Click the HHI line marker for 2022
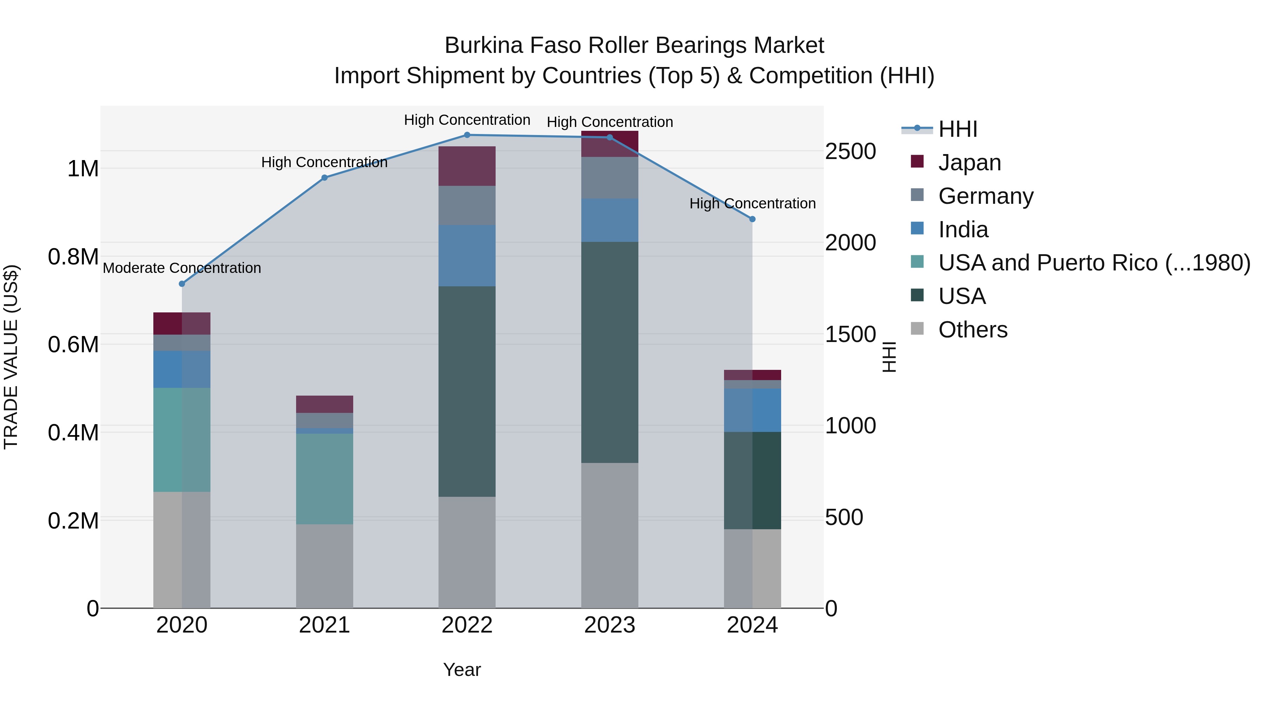[467, 135]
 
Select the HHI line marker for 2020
[182, 284]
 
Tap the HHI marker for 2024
[752, 219]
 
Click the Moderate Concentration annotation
[182, 268]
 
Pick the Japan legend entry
[969, 163]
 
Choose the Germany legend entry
[985, 196]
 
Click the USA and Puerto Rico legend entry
[1093, 263]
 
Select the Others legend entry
[973, 330]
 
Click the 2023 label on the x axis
[609, 625]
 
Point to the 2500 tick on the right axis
[850, 151]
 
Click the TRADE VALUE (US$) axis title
[11, 357]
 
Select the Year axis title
[461, 670]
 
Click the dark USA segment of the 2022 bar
[467, 391]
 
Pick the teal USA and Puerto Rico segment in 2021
[324, 478]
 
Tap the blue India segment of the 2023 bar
[609, 220]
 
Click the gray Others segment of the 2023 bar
[609, 535]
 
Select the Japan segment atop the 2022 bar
[467, 166]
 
